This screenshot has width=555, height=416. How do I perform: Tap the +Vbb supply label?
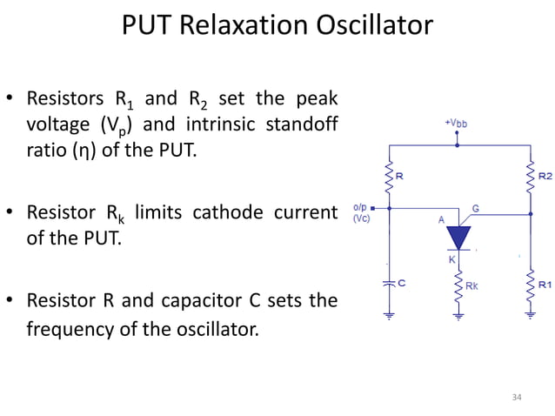pyautogui.click(x=457, y=124)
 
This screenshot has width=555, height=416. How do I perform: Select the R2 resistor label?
pyautogui.click(x=545, y=176)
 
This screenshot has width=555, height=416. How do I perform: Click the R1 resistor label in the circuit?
pyautogui.click(x=545, y=284)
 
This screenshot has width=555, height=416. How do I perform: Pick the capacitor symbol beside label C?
pyautogui.click(x=388, y=284)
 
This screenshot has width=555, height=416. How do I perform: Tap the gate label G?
pyautogui.click(x=476, y=209)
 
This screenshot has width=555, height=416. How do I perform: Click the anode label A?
pyautogui.click(x=441, y=221)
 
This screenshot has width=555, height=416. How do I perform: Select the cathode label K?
pyautogui.click(x=451, y=259)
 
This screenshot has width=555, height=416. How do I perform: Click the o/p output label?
pyautogui.click(x=360, y=207)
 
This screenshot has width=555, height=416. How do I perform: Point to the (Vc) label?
pyautogui.click(x=361, y=218)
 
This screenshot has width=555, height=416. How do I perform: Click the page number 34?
pyautogui.click(x=517, y=397)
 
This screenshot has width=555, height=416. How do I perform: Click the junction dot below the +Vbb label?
pyautogui.click(x=458, y=145)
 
